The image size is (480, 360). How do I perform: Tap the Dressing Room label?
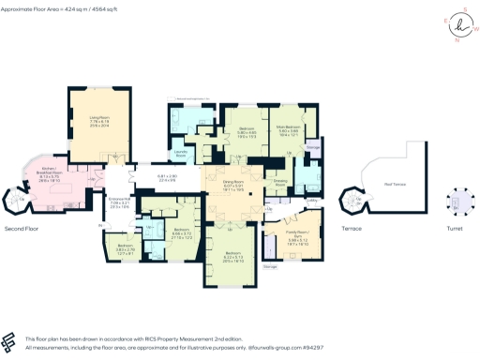(279, 184)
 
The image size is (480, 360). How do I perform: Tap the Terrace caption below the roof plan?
(352, 228)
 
